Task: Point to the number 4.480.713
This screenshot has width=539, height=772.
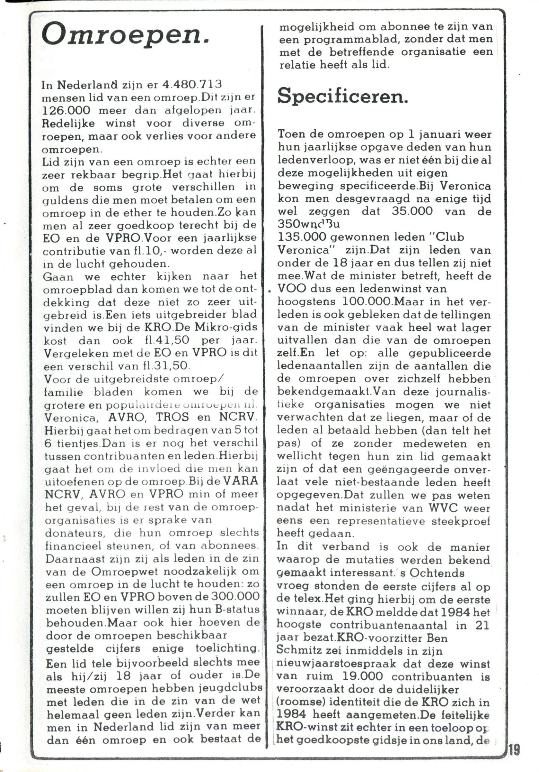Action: [192, 85]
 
